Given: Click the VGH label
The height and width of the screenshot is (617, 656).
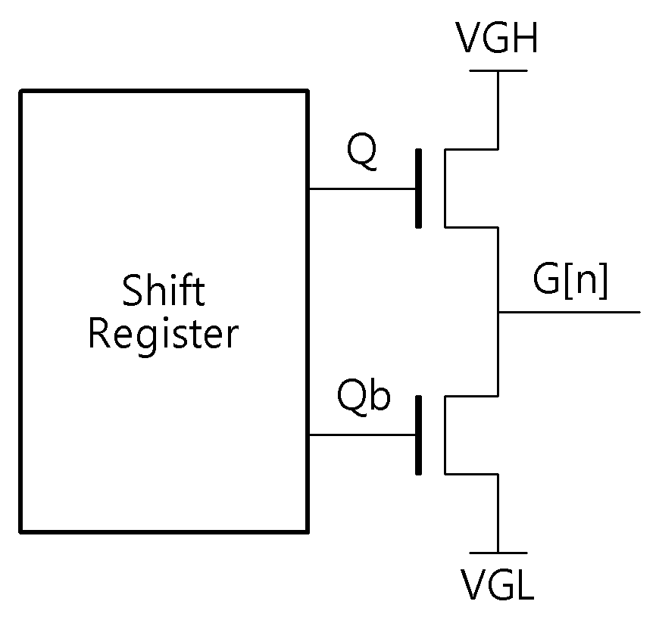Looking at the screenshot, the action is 498,37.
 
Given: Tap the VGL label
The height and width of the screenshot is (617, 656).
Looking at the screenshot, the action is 498,584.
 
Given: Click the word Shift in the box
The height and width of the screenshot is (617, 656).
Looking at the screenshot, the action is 164,289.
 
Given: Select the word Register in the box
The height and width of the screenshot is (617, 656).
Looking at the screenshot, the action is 163,336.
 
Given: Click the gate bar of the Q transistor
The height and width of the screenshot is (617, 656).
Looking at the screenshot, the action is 418,189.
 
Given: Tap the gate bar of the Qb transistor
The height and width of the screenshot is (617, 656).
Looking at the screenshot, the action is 418,435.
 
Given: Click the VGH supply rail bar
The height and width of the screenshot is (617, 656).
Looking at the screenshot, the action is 498,70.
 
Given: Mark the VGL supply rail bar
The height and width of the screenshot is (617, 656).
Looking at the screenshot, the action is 498,553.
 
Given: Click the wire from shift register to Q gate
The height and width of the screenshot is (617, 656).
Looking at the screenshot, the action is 362,189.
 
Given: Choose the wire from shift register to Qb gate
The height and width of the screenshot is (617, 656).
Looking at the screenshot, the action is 362,435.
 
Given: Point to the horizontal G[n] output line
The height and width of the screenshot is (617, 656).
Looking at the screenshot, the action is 570,312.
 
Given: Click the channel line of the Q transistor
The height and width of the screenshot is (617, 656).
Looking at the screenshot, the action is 445,188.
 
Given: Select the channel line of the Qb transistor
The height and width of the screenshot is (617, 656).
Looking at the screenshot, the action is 445,435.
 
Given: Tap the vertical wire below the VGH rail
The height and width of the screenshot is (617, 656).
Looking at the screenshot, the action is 498,110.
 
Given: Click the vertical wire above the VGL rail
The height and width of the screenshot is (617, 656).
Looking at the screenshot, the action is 498,513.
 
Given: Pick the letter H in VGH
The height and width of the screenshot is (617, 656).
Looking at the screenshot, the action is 526,38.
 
